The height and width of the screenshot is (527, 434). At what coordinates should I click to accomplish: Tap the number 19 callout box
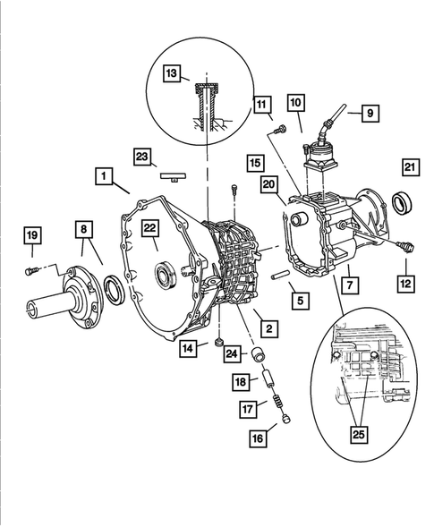[32, 235]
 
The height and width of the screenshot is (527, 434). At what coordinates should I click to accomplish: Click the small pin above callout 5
[279, 274]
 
